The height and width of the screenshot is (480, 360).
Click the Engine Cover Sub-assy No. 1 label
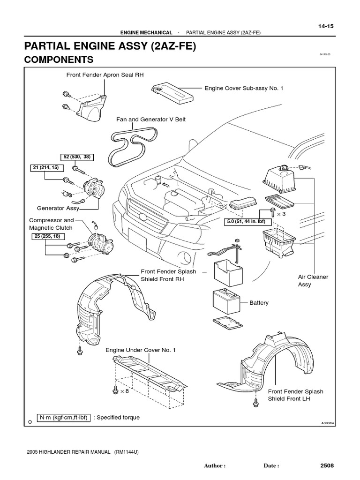(x=243, y=88)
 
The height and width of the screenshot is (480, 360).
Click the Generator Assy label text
(x=58, y=208)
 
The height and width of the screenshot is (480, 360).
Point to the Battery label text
(x=259, y=303)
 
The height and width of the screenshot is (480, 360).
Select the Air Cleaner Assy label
(x=313, y=280)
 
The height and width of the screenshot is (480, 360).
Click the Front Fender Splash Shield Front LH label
(x=295, y=395)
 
